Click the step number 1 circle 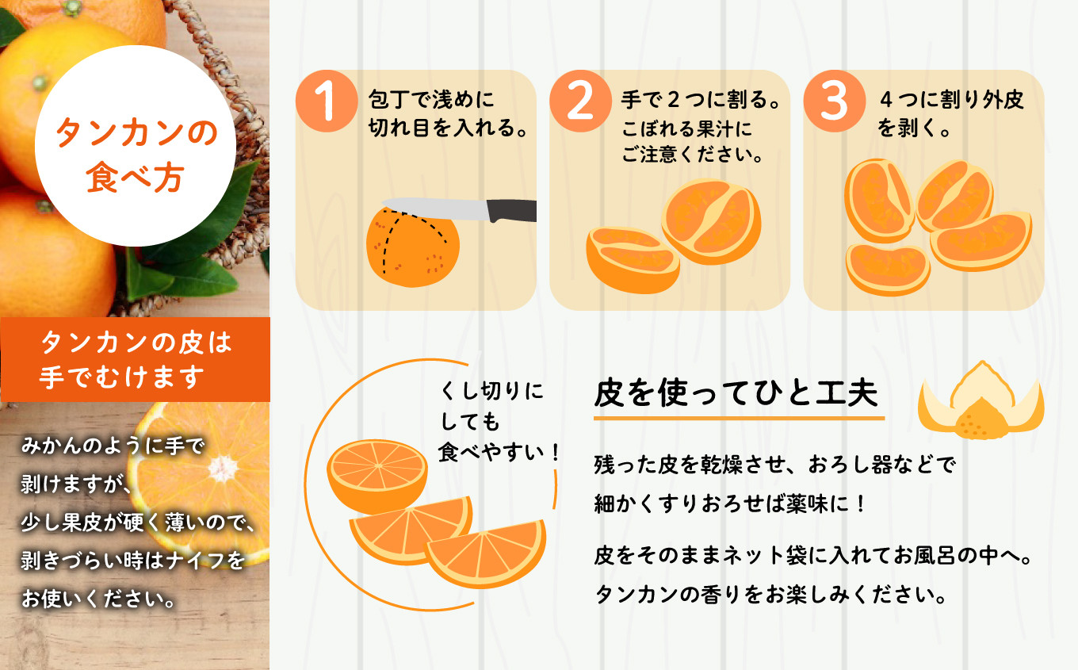(x=327, y=101)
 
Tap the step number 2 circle (x=580, y=101)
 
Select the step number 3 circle (x=835, y=101)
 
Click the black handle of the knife (x=511, y=211)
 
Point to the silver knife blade (x=435, y=209)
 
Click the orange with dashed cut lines (x=412, y=247)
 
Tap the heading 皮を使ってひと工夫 (x=736, y=392)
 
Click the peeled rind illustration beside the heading (x=981, y=400)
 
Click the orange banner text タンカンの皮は (x=136, y=343)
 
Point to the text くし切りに (x=491, y=390)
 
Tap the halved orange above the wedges (x=377, y=476)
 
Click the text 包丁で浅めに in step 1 (x=431, y=100)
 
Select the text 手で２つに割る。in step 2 (x=700, y=100)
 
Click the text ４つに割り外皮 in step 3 (x=951, y=100)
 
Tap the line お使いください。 (x=98, y=599)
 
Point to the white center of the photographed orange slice (x=222, y=468)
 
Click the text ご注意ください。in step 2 (x=692, y=155)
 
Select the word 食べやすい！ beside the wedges (x=499, y=452)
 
